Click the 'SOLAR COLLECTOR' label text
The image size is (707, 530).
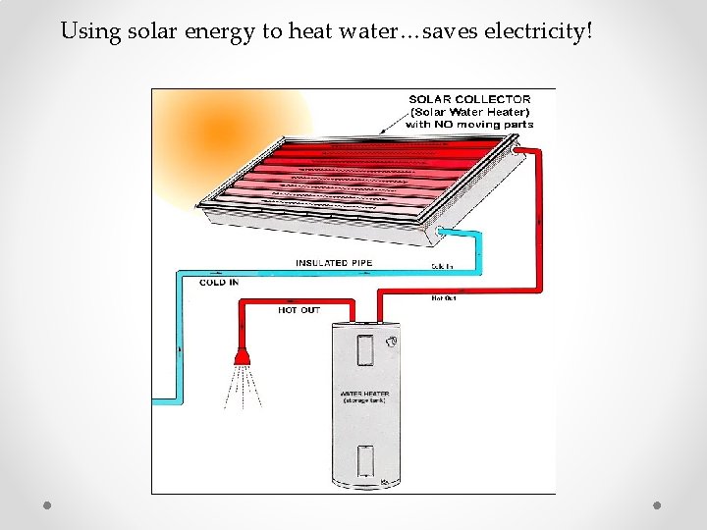point(469,99)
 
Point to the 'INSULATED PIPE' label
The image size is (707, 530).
point(334,263)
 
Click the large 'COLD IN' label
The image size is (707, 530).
point(219,283)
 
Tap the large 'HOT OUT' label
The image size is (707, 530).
point(299,310)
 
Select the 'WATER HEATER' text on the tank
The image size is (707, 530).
point(364,395)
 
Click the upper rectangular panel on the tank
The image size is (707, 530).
point(364,351)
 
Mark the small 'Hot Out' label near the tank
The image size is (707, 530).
point(444,297)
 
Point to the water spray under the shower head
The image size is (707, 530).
point(241,386)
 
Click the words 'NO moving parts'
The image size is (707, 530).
point(469,125)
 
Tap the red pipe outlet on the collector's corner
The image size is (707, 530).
point(517,149)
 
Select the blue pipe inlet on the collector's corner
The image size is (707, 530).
point(444,233)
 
